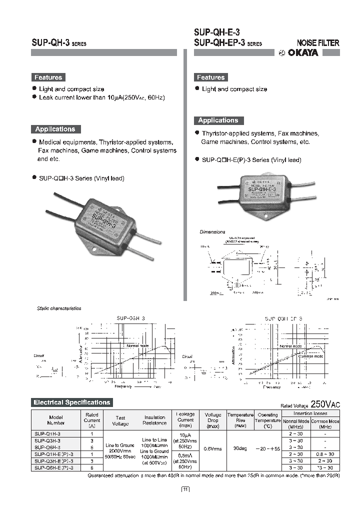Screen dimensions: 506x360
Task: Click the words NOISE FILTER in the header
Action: (318, 43)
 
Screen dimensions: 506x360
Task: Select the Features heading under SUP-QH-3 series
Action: (48, 77)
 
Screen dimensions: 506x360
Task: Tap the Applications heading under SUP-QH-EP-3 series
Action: (218, 120)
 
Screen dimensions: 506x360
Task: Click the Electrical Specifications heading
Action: (71, 402)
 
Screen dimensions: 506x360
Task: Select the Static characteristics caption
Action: (59, 308)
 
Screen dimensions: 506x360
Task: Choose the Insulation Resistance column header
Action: (154, 420)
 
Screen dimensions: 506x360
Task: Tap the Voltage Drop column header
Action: (213, 420)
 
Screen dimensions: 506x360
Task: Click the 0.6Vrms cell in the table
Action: (213, 448)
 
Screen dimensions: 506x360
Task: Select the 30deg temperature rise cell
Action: (240, 448)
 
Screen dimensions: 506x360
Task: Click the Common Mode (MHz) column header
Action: (325, 424)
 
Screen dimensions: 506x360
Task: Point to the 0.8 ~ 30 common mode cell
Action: (325, 454)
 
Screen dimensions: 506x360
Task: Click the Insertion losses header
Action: (310, 413)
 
